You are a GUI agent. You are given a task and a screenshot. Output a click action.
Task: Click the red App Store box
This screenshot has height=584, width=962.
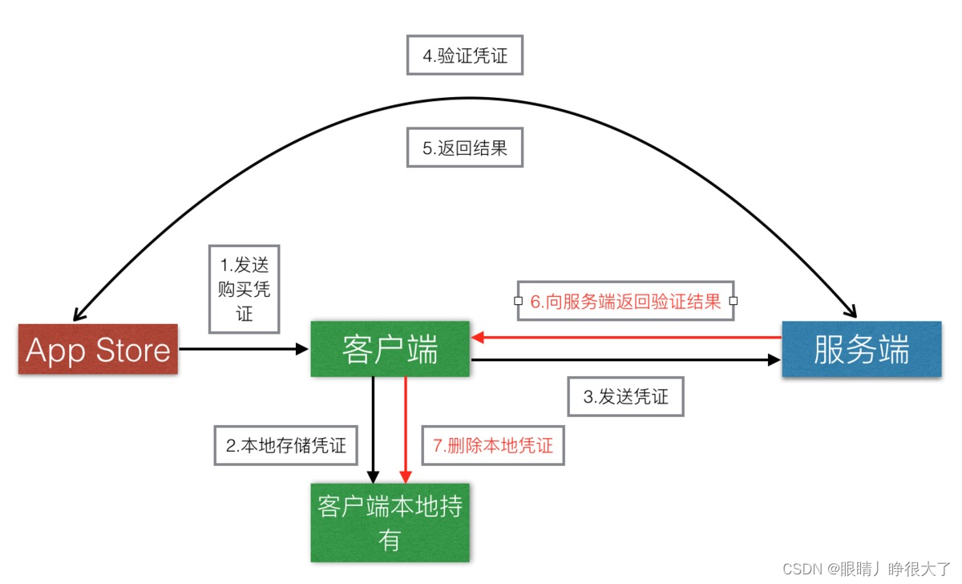[x=98, y=350]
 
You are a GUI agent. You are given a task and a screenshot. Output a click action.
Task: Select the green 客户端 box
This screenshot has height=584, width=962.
[x=390, y=349]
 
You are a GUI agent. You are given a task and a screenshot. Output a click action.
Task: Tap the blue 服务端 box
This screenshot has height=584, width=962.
[x=861, y=349]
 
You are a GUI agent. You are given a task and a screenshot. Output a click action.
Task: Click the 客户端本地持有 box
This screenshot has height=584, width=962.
[x=390, y=522]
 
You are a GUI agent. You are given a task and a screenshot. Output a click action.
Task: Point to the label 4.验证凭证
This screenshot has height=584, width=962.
[x=465, y=55]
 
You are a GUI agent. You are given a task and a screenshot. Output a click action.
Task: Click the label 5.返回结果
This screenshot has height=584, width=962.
[x=465, y=148]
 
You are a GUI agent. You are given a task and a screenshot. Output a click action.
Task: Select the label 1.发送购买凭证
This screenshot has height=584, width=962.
[x=245, y=290]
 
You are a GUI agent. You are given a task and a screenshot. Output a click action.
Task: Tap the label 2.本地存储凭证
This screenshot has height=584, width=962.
[x=286, y=445]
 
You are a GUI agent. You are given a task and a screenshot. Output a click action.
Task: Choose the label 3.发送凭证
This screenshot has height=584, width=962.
[x=625, y=395]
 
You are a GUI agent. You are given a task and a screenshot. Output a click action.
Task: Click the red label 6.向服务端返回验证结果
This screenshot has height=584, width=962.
[x=625, y=302]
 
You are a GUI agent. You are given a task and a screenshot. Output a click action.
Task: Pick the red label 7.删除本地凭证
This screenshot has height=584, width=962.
[x=493, y=445]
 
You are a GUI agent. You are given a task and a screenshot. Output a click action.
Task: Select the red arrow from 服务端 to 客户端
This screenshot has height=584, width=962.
[x=625, y=338]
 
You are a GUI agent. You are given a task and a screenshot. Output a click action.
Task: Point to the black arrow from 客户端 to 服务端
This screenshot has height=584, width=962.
[x=625, y=360]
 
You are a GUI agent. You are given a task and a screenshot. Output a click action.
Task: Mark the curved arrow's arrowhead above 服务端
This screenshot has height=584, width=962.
[x=851, y=314]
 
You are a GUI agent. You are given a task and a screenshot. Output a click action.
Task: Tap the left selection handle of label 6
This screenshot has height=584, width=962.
[x=518, y=302]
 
